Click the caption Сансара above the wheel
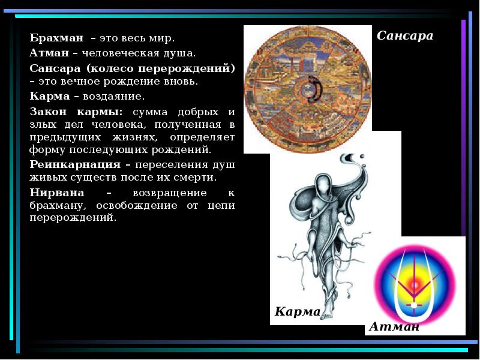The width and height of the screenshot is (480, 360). coord(405,36)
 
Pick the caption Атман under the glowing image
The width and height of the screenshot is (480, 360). coord(394,327)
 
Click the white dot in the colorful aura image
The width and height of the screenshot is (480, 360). coord(413,305)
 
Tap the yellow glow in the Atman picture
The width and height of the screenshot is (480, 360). coord(415,280)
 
